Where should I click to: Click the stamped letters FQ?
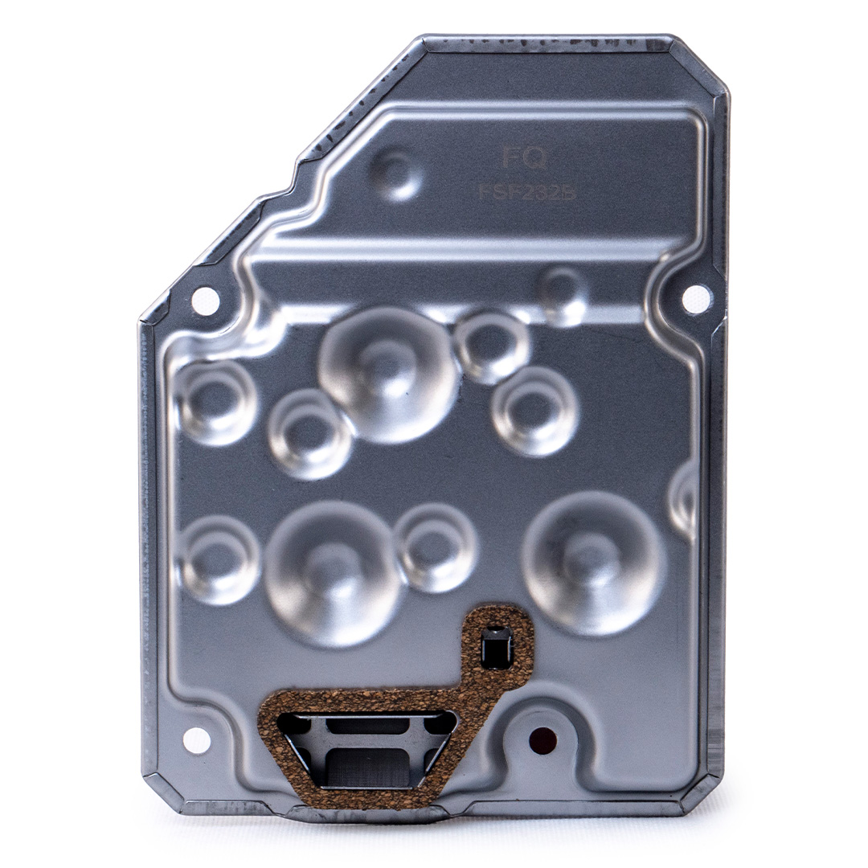(524, 158)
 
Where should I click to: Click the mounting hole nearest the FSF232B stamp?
(696, 299)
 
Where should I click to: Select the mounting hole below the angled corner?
(205, 301)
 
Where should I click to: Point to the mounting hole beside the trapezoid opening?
(197, 740)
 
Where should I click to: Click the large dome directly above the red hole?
(593, 563)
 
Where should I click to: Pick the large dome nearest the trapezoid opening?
(333, 572)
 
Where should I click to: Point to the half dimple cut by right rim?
(683, 500)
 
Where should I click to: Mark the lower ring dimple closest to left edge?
(216, 559)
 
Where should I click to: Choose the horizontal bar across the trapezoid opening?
(366, 727)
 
